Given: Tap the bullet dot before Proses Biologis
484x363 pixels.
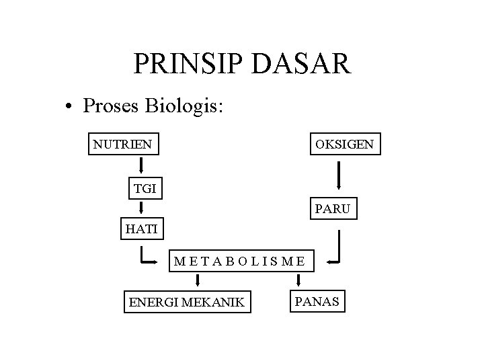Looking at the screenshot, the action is tap(69, 107).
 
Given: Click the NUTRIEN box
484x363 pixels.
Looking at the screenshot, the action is tap(122, 143).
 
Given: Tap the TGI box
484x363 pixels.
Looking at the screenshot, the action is tap(145, 189).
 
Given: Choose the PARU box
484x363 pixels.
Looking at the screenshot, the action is tap(332, 209).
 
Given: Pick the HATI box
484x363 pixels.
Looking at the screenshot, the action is tap(141, 229).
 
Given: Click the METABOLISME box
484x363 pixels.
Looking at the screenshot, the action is tap(239, 260).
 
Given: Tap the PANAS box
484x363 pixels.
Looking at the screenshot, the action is tap(317, 301).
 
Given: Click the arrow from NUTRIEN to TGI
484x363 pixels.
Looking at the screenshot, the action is tap(143, 166).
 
